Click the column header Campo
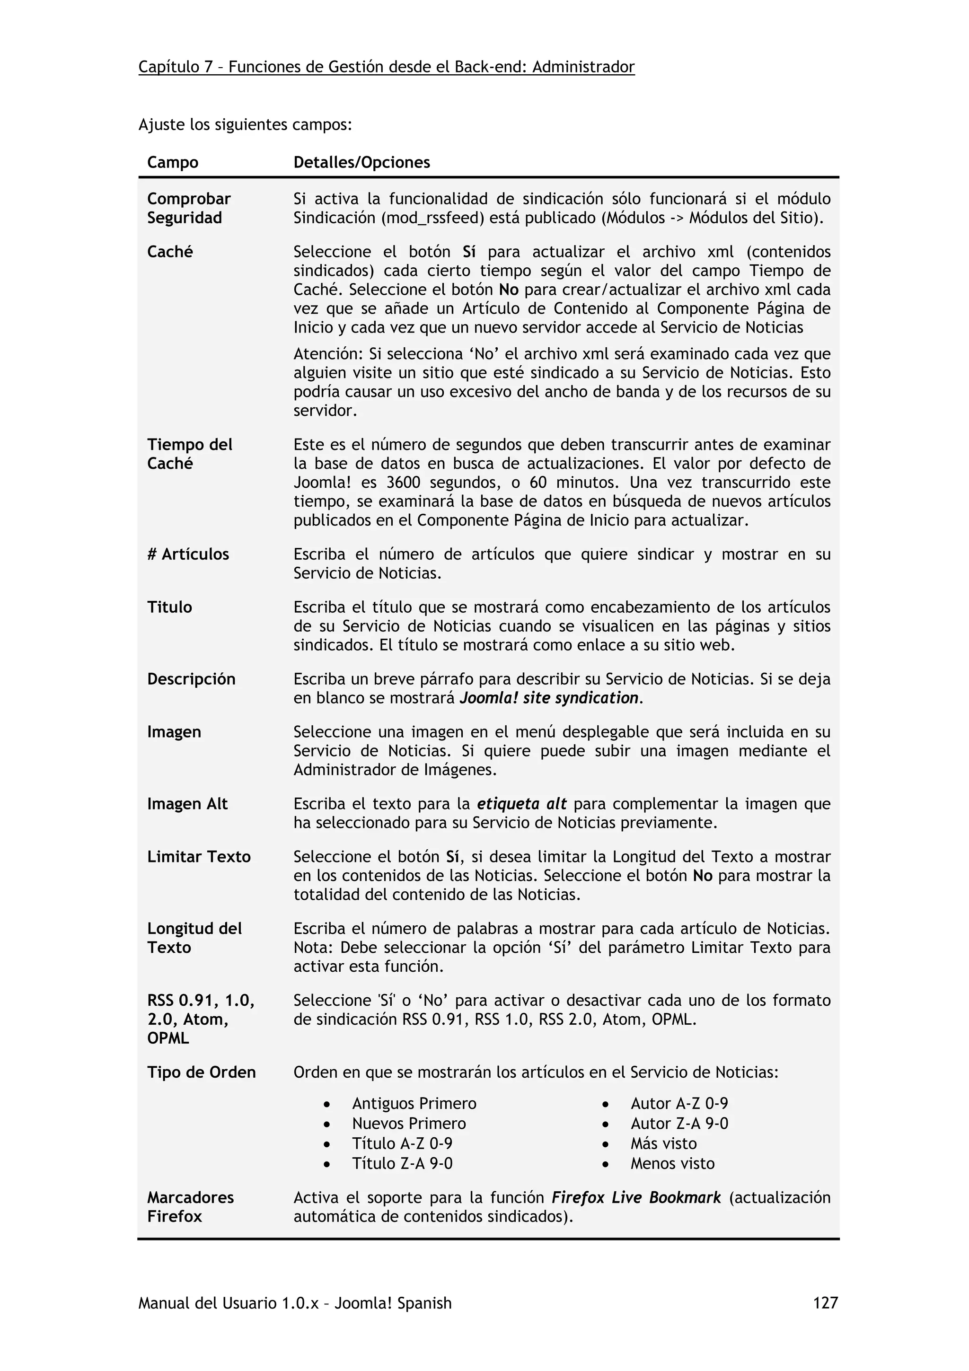click(173, 162)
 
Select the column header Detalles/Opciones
click(361, 162)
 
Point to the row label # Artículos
click(188, 554)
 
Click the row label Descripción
click(191, 679)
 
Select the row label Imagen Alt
click(187, 804)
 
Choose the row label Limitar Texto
click(199, 856)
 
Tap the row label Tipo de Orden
click(201, 1072)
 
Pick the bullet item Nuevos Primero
click(408, 1123)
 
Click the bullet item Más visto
click(663, 1143)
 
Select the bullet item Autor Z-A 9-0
click(679, 1123)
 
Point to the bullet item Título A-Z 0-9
click(402, 1143)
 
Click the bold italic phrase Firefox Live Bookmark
click(636, 1197)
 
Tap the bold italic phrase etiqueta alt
click(521, 804)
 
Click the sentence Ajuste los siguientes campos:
click(245, 125)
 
